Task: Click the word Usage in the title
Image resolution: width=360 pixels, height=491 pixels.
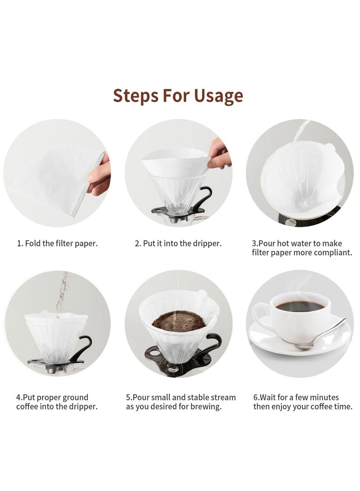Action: pos(218,96)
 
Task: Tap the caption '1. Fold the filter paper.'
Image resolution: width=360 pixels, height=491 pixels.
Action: pos(57,243)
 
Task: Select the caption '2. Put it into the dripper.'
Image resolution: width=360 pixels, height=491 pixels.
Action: pos(178,243)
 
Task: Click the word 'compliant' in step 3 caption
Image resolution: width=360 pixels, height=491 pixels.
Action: pos(331,252)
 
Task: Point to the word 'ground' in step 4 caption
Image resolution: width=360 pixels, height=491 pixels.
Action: pos(75,397)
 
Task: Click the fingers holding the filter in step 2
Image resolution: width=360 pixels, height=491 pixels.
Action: pos(219,155)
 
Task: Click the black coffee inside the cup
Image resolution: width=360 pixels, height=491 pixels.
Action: pos(300,306)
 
